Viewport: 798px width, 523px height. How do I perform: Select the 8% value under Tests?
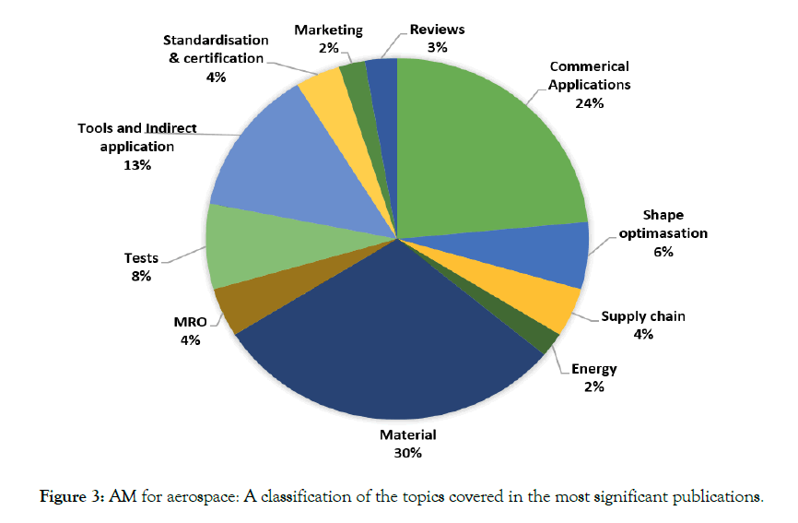click(x=141, y=275)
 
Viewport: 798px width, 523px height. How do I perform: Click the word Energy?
click(x=593, y=369)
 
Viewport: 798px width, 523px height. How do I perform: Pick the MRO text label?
click(x=190, y=322)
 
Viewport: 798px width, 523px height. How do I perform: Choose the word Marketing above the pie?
click(x=328, y=30)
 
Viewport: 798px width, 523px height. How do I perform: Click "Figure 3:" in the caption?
click(x=74, y=498)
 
